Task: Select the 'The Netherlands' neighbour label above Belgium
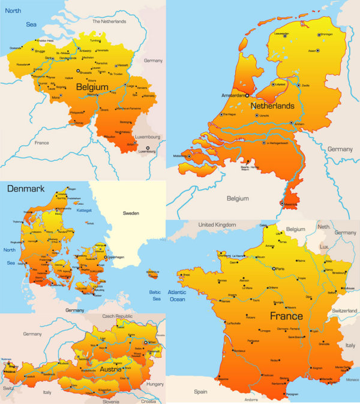click(109, 22)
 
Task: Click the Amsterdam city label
click(234, 95)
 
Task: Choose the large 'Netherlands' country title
click(272, 106)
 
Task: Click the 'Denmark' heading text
click(26, 188)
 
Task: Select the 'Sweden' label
click(131, 213)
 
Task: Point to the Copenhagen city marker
click(106, 257)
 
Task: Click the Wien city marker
click(144, 342)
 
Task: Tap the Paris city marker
click(273, 268)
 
